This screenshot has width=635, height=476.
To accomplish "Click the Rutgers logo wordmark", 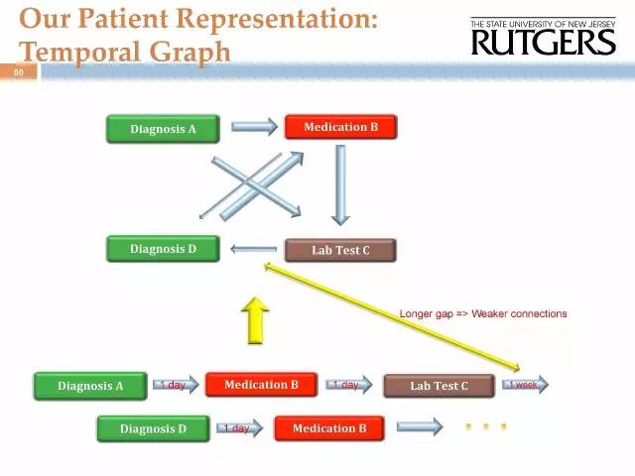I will (x=543, y=42).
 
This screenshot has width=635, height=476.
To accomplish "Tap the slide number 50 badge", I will (x=18, y=72).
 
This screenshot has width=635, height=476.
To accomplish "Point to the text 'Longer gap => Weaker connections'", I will (x=483, y=313).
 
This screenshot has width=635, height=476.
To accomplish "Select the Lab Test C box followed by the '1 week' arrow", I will (x=439, y=386).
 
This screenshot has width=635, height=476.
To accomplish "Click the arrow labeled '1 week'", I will (x=525, y=385).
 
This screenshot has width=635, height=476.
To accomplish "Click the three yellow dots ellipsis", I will (x=485, y=427).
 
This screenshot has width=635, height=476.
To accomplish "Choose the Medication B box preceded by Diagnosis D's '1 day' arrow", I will (x=329, y=428).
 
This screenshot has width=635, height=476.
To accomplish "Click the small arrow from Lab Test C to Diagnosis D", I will (x=253, y=250).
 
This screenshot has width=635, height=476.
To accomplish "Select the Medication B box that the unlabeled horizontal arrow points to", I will (x=340, y=127).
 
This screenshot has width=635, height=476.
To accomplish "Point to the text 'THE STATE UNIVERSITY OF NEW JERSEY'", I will (x=543, y=23).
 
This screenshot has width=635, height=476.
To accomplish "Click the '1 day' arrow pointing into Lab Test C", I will (x=350, y=385).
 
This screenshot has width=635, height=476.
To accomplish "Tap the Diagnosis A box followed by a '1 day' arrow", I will (x=90, y=386).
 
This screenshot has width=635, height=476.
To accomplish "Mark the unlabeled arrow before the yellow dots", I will (x=419, y=427).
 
